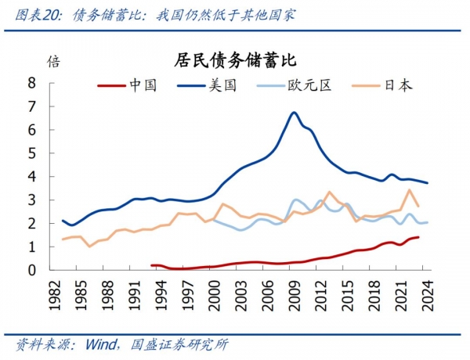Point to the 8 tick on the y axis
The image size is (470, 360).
32,82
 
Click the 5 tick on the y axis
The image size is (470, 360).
32,153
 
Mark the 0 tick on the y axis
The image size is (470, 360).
32,270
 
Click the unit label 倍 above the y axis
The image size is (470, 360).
52,61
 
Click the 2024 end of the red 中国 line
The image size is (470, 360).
418,237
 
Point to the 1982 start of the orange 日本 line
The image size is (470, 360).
63,239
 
